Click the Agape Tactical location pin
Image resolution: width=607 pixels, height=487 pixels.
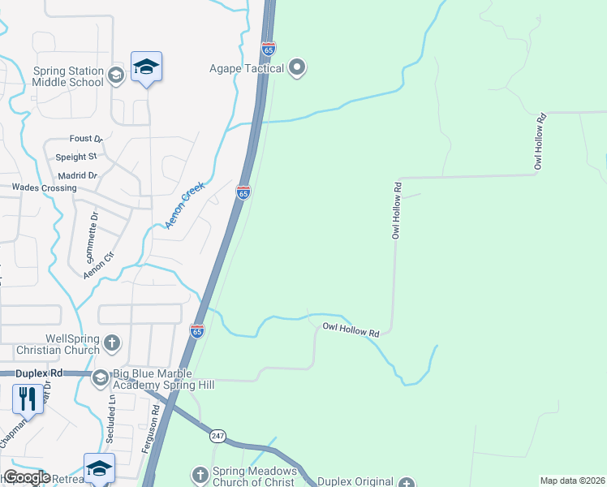tap(297, 68)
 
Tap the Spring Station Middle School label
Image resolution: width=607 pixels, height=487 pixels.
tap(69, 76)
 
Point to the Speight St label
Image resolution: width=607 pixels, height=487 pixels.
tap(76, 157)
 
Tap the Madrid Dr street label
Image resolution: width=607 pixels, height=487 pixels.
tap(78, 175)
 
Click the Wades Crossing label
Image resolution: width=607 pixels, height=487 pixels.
tap(44, 187)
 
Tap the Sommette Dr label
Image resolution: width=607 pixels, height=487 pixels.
tap(91, 235)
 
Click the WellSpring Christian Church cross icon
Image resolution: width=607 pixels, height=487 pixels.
tap(112, 343)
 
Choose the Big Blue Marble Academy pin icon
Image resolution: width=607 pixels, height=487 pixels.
tap(101, 377)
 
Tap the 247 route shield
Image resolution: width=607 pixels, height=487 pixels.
tap(217, 436)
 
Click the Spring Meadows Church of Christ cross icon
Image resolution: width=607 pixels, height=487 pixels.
tap(200, 474)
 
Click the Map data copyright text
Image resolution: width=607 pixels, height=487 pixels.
tap(573, 481)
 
